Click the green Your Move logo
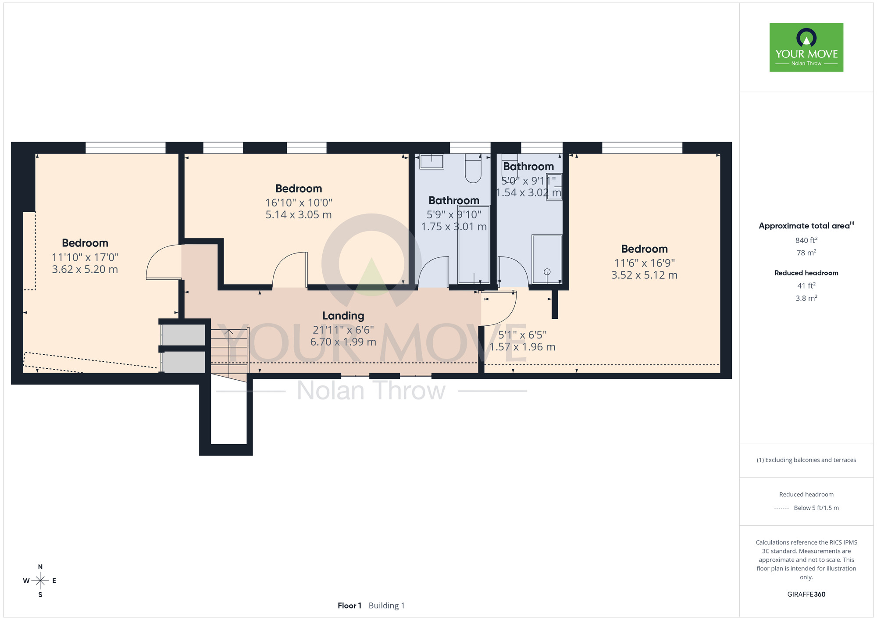[x=806, y=47]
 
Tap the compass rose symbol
[x=40, y=581]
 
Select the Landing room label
[x=343, y=316]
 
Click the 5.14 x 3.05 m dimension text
[x=299, y=215]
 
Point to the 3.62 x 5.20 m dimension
[x=85, y=270]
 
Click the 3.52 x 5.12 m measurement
[x=644, y=275]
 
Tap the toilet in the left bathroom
[x=473, y=168]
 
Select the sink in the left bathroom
[x=432, y=161]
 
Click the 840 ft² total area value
[x=806, y=240]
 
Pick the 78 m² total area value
[x=806, y=253]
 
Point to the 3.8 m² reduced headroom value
[x=806, y=298]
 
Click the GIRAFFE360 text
[x=806, y=595]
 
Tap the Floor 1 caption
[x=349, y=606]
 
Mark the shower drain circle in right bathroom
[x=547, y=272]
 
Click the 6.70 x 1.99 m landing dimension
[x=343, y=342]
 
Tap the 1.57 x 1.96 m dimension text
[x=522, y=347]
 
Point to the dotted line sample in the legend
[x=781, y=508]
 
